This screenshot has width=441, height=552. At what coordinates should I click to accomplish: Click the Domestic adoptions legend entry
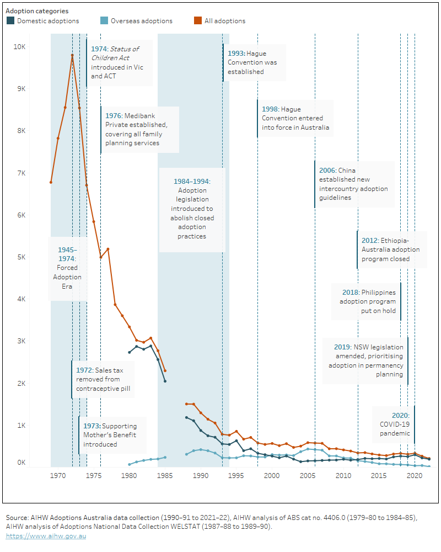tap(47, 21)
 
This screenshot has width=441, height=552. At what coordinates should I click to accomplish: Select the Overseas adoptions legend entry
tap(141, 21)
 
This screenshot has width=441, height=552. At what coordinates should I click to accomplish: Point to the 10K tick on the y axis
tap(19, 47)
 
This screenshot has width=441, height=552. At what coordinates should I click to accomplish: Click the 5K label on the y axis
tap(19, 257)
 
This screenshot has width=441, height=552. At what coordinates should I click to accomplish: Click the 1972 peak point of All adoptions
tap(72, 55)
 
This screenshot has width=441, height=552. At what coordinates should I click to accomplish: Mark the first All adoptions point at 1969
tap(51, 182)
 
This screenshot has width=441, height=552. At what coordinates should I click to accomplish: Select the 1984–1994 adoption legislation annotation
tap(192, 209)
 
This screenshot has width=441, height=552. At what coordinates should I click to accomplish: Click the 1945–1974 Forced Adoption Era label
tap(67, 268)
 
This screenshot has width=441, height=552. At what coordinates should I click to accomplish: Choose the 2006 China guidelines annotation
tap(353, 184)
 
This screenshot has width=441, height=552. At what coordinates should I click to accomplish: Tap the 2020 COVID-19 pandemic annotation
tap(394, 424)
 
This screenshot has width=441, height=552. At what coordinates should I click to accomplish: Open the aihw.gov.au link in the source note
tap(46, 536)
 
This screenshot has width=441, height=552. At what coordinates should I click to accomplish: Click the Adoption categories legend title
tap(37, 10)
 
